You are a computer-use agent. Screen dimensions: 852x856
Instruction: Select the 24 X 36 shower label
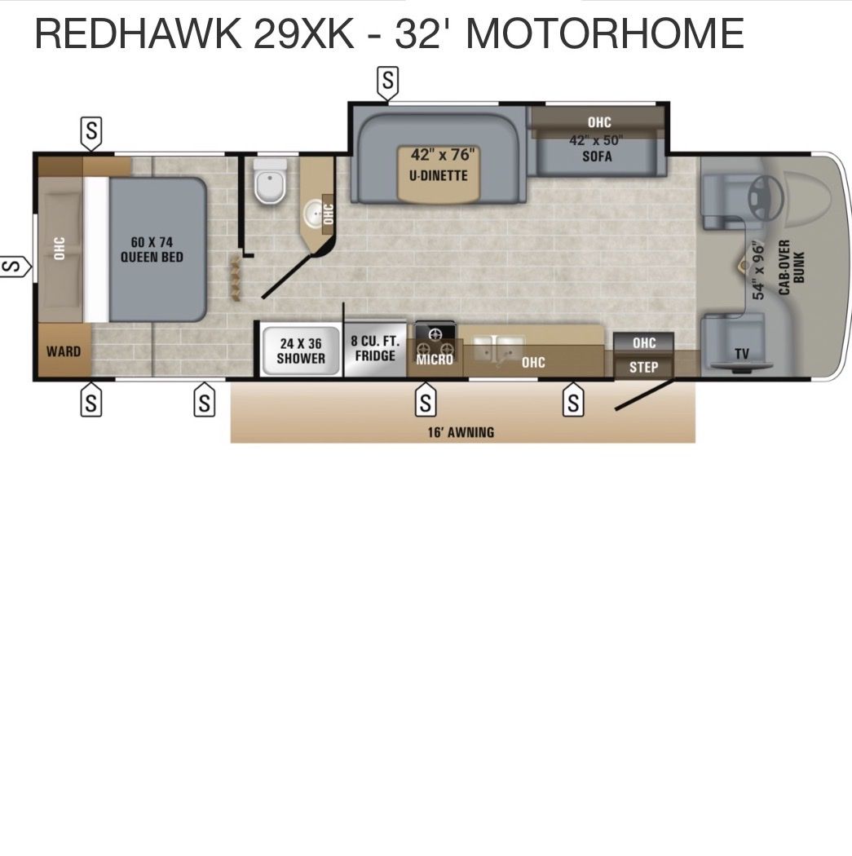click(301, 351)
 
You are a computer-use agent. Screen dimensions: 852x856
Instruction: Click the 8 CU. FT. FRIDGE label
click(375, 348)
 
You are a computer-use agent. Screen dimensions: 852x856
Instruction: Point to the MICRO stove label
click(435, 360)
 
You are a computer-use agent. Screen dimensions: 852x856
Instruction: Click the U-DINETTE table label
click(439, 175)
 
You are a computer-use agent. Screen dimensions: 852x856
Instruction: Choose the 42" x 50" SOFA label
click(597, 148)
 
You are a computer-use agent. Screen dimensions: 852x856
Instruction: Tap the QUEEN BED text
click(152, 257)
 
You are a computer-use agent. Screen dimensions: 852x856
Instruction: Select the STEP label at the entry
click(644, 367)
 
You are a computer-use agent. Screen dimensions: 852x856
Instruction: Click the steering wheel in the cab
click(766, 196)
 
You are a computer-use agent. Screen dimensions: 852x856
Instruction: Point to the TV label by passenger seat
click(742, 354)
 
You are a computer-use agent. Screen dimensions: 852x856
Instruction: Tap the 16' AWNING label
click(461, 432)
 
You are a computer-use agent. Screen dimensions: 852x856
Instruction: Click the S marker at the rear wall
click(14, 267)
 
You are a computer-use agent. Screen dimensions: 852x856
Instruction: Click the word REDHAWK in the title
click(139, 33)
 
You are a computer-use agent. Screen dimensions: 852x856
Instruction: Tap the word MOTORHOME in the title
click(605, 33)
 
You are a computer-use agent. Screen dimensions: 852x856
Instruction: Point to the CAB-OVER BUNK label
click(792, 267)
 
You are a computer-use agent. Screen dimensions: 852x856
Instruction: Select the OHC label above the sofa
click(599, 121)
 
